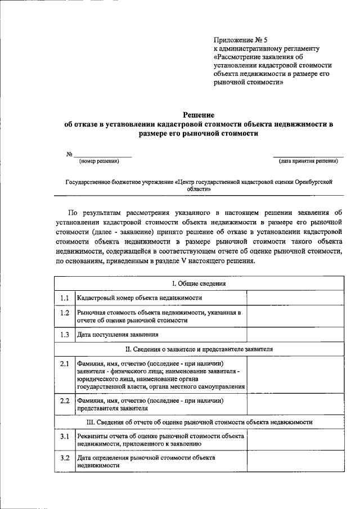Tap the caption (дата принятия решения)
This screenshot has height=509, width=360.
tap(308, 161)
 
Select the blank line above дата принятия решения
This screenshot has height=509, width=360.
tap(308, 155)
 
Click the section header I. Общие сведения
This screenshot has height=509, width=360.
tap(199, 283)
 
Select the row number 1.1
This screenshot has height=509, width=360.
tap(65, 298)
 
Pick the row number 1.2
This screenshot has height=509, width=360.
tap(65, 313)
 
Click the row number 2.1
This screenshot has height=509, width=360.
tap(65, 364)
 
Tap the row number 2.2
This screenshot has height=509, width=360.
tap(65, 400)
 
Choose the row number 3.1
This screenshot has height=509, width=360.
tap(65, 436)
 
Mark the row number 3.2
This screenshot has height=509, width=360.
tap(65, 458)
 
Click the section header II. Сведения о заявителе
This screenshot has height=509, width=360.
tap(199, 349)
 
